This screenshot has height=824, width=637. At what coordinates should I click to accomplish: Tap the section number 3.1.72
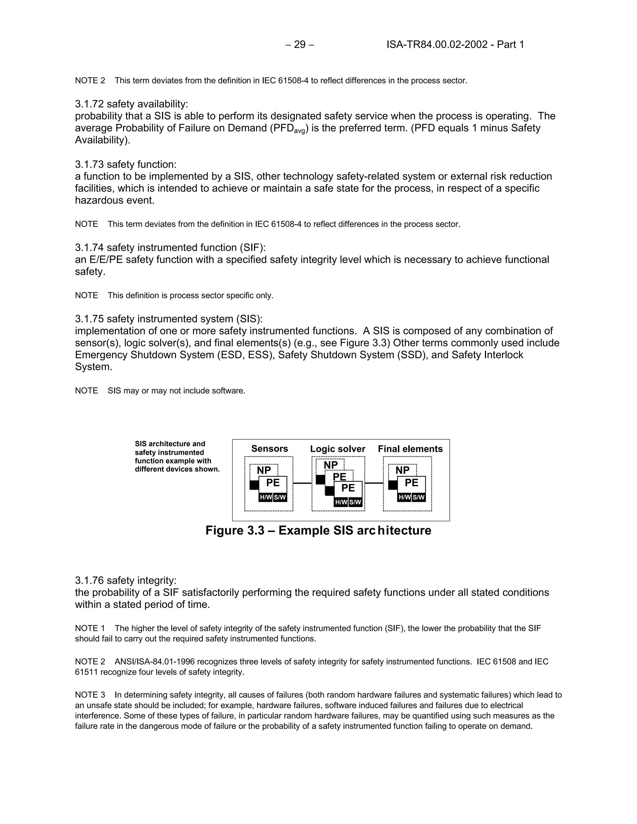pyautogui.click(x=90, y=104)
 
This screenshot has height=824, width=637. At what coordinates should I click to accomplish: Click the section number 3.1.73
pyautogui.click(x=90, y=164)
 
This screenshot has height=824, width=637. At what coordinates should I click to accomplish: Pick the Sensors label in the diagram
pyautogui.click(x=269, y=449)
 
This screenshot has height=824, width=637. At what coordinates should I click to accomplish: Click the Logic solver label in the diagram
pyautogui.click(x=337, y=449)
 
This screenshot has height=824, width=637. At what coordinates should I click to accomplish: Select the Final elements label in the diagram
pyautogui.click(x=410, y=449)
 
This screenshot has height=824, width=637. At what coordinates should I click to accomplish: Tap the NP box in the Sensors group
pyautogui.click(x=264, y=470)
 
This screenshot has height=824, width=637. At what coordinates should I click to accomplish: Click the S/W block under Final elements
pyautogui.click(x=419, y=497)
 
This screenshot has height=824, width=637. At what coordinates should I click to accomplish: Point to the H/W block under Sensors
pyautogui.click(x=266, y=497)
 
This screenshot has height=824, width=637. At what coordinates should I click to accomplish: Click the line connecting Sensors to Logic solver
pyautogui.click(x=302, y=483)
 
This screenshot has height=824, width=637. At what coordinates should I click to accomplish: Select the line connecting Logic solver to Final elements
pyautogui.click(x=374, y=483)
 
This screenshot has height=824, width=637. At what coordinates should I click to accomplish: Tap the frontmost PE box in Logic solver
pyautogui.click(x=348, y=488)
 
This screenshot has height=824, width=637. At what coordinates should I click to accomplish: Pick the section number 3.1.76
pyautogui.click(x=90, y=580)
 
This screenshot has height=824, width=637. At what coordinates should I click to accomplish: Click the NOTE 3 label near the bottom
pyautogui.click(x=90, y=695)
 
